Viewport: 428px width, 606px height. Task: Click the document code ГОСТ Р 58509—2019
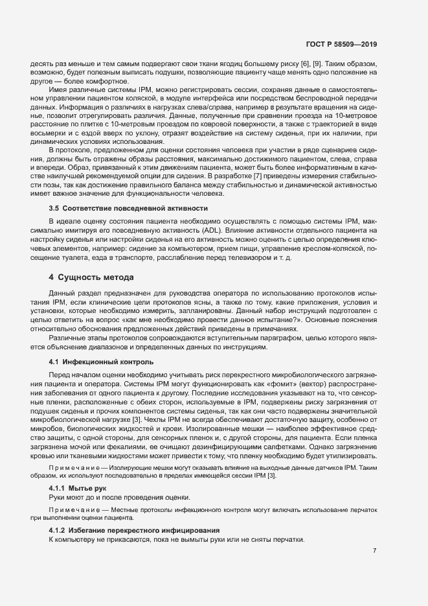(341, 45)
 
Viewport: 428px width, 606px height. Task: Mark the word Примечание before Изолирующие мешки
(75, 467)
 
